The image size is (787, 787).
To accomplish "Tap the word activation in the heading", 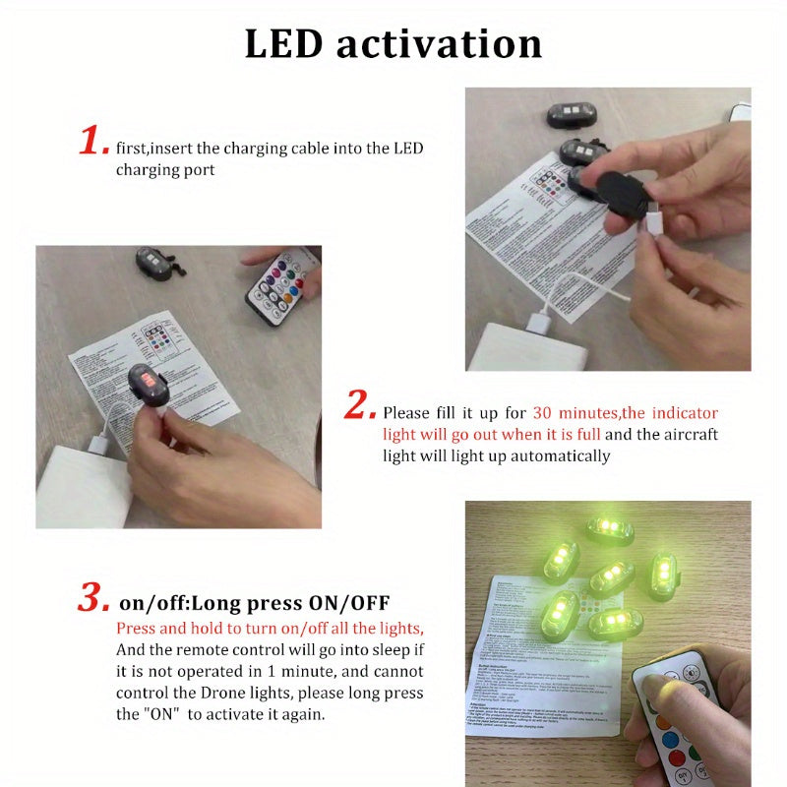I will (439, 44).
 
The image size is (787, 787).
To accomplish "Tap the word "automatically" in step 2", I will (561, 455).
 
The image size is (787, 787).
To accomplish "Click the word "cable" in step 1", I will (314, 149).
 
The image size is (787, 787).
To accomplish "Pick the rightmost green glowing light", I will (662, 575).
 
